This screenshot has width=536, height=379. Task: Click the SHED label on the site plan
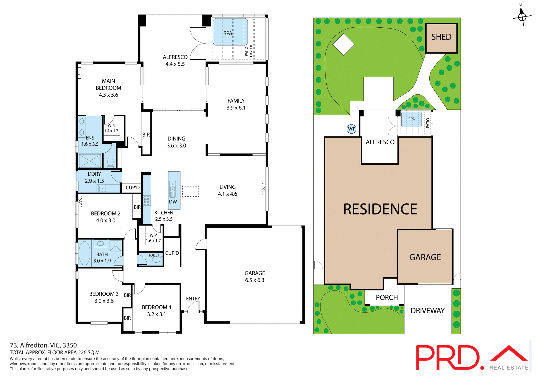[x=441, y=37]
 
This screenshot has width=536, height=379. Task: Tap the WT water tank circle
[x=351, y=129]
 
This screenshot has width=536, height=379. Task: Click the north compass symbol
[x=522, y=17]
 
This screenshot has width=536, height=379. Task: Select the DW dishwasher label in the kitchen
[x=173, y=202]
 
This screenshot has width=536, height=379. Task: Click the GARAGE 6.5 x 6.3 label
[x=255, y=277]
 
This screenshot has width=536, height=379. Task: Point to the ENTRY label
[x=193, y=299]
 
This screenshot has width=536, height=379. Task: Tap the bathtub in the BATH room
[x=85, y=253]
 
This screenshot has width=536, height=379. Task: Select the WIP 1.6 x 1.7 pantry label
[x=153, y=238]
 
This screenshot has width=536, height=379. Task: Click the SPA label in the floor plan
[x=228, y=33]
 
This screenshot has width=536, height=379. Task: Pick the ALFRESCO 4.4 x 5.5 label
[x=175, y=61]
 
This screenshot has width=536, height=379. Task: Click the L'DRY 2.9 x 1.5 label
[x=94, y=177]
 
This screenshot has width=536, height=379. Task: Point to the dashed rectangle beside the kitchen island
[x=191, y=191]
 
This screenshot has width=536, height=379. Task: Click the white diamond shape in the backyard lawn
[x=344, y=44]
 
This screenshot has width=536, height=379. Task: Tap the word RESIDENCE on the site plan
[x=380, y=209]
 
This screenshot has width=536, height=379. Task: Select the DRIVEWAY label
[x=427, y=311]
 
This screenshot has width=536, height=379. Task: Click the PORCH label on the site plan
[x=387, y=298]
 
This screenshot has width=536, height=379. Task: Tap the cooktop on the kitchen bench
[x=147, y=200]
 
